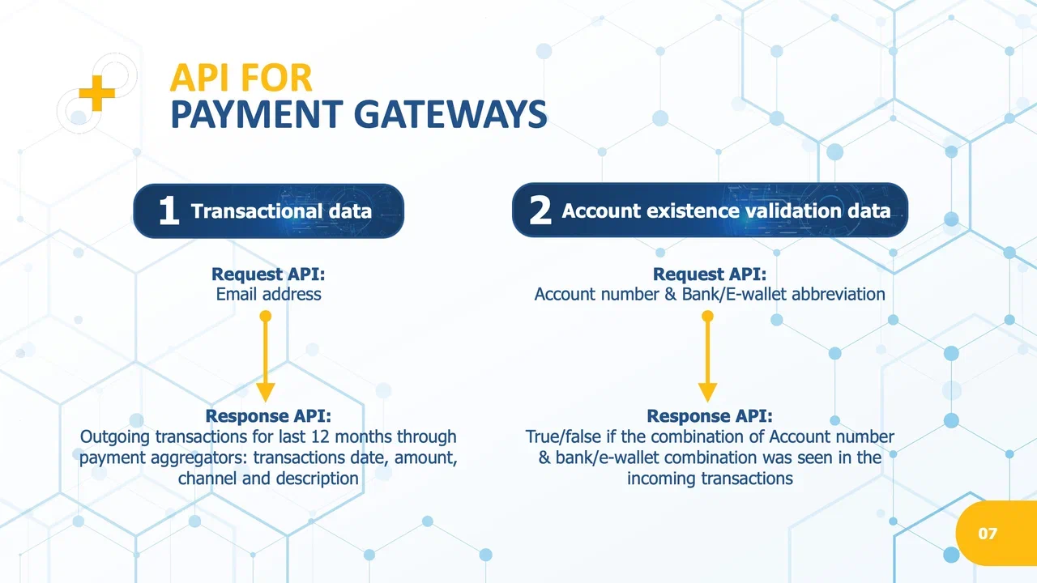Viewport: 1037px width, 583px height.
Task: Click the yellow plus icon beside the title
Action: click(x=96, y=93)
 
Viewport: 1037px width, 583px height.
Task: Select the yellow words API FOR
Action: click(x=241, y=78)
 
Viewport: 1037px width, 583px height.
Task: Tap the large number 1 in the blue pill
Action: click(x=169, y=211)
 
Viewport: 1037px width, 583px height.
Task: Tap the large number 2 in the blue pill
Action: click(x=540, y=210)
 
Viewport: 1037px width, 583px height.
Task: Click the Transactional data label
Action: click(x=281, y=211)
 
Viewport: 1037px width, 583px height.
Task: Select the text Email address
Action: click(x=268, y=294)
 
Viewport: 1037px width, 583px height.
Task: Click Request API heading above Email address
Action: click(x=268, y=274)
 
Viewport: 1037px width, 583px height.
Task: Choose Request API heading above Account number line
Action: click(x=710, y=274)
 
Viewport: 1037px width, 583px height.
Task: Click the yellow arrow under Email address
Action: click(x=265, y=356)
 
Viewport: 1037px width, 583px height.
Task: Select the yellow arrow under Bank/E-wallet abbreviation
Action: click(x=707, y=356)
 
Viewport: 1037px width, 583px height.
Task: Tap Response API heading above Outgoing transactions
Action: click(x=268, y=416)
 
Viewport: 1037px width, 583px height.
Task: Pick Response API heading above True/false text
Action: click(x=710, y=416)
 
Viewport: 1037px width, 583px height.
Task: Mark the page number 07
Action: click(x=988, y=534)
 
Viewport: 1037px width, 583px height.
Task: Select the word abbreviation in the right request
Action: click(x=839, y=294)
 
